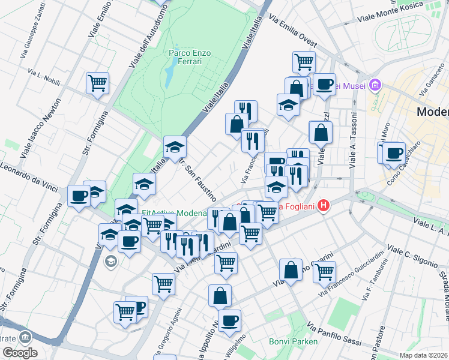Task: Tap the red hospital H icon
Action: coord(324,206)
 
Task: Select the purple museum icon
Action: coord(376,85)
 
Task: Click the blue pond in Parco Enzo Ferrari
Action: coord(170,73)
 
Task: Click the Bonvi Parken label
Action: coord(286,342)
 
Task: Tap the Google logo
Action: coord(19,353)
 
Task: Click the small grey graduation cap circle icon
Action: coord(110,261)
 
